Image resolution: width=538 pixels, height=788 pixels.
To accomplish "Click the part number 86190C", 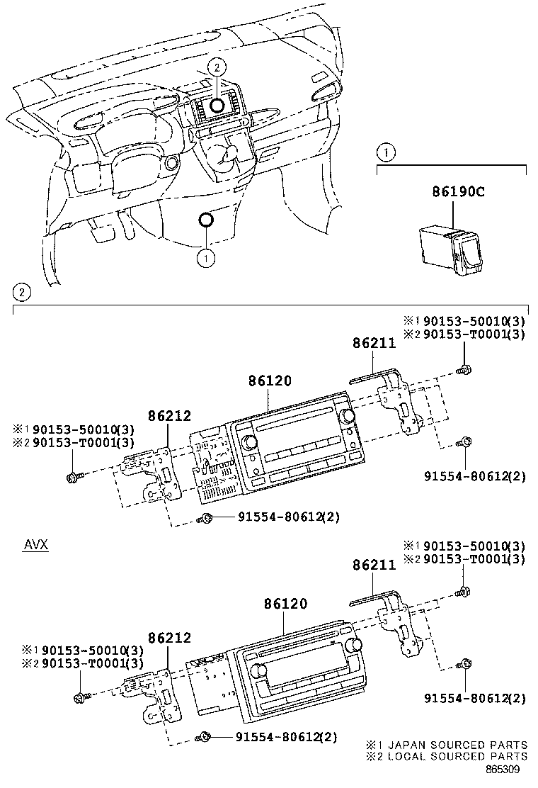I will pos(458,191).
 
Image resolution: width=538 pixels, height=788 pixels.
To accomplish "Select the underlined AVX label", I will pos(35,545).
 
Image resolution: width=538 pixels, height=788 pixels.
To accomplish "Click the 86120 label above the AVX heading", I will pos(270,381).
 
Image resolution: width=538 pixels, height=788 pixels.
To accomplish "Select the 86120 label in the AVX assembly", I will pos(286,604).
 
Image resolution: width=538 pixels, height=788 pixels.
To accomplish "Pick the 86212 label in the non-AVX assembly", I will pos(170,415).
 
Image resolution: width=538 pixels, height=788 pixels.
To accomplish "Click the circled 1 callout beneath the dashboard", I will pos(206,259).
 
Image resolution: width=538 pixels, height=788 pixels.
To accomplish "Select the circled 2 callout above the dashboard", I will pos(217,67).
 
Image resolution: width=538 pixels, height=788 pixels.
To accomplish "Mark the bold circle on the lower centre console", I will pos(206,220).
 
